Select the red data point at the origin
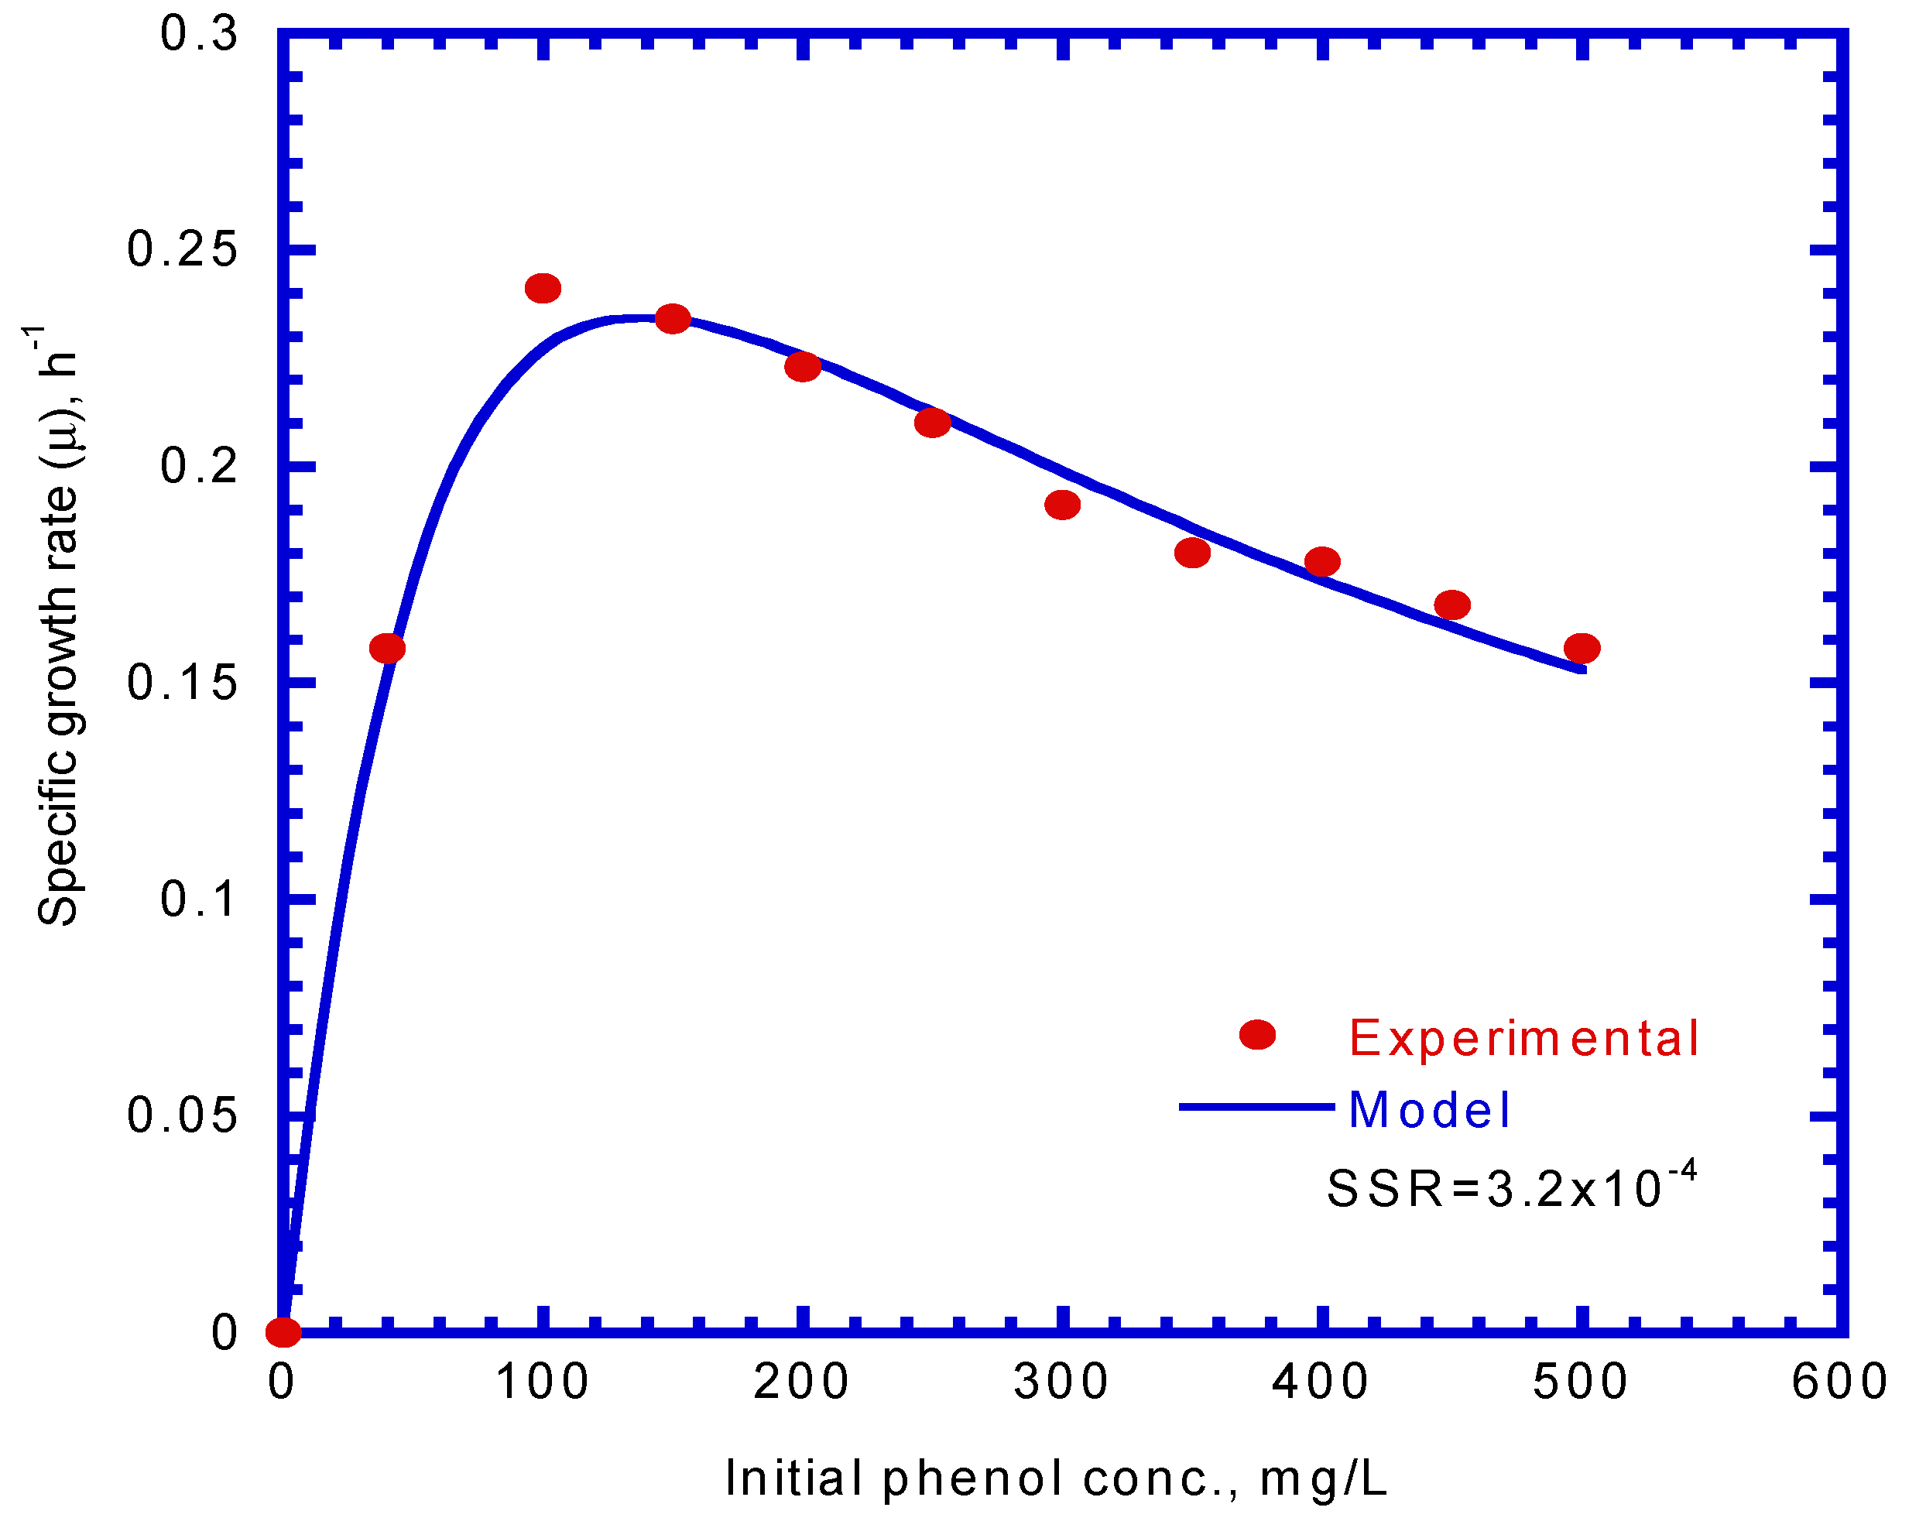point(283,1332)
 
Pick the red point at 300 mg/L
point(1062,505)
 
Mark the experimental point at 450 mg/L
point(1452,605)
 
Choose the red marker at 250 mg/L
point(933,423)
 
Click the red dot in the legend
point(1257,1035)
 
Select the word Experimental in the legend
point(1523,1039)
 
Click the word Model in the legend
point(1428,1111)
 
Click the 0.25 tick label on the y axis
point(182,249)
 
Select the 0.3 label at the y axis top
point(198,34)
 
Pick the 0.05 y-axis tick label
point(182,1115)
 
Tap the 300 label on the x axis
point(1061,1382)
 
